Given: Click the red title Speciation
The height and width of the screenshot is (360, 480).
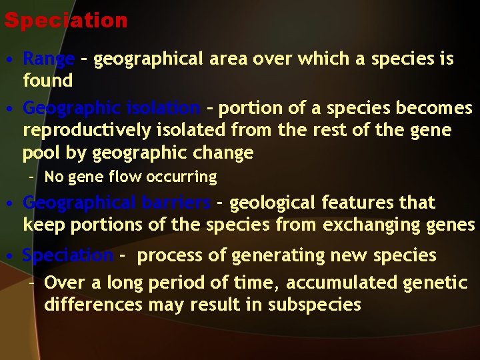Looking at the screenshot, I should tap(65, 20).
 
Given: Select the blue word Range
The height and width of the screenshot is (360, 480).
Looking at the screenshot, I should tap(48, 59).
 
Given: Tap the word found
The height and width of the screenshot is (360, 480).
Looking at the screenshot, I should tap(47, 81).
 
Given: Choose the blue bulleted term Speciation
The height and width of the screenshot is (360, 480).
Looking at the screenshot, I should tap(67, 255).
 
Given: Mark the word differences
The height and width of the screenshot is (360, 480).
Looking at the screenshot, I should tap(93, 305).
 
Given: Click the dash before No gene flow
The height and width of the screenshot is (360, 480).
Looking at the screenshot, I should tap(31, 177).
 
